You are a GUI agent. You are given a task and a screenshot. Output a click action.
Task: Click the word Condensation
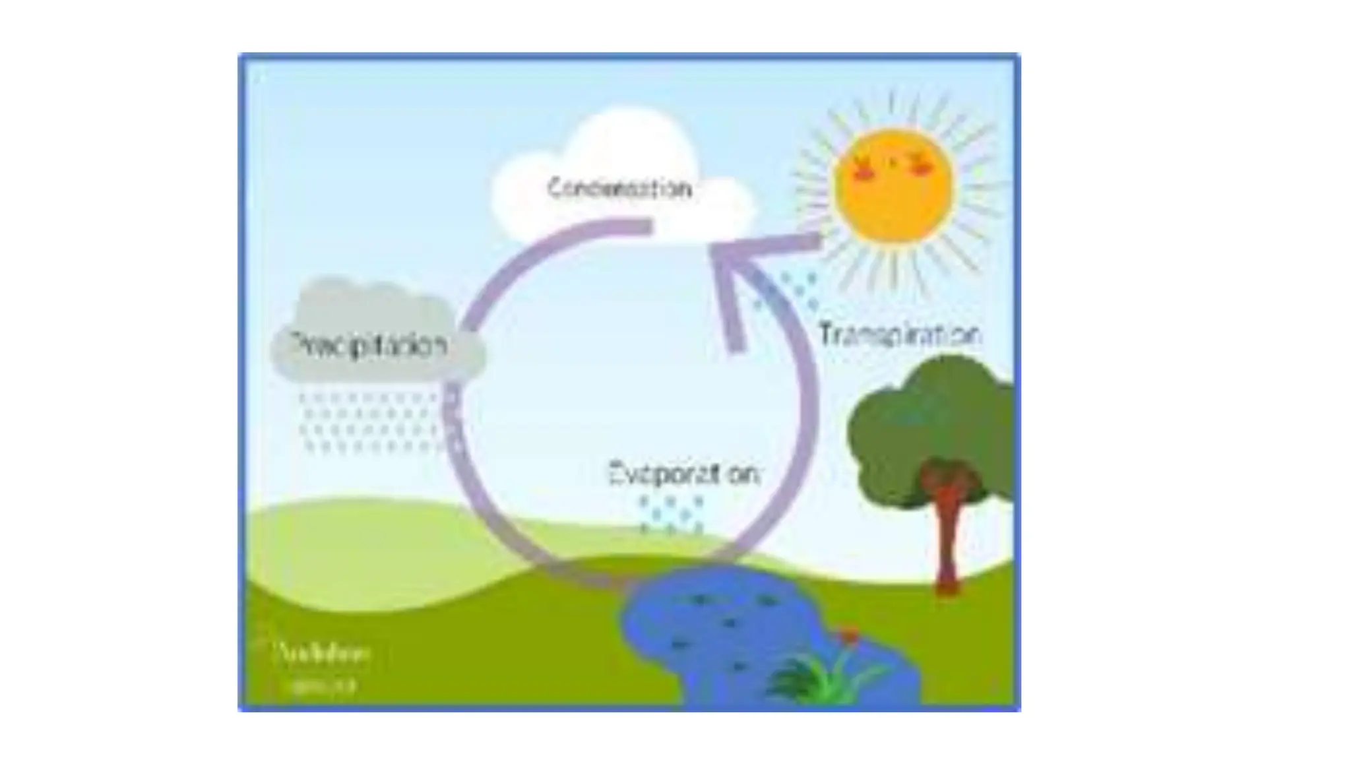[x=619, y=189]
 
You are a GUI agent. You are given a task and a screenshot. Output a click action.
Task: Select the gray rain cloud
[x=369, y=310]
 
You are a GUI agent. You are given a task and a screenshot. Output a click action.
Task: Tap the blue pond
[x=712, y=633]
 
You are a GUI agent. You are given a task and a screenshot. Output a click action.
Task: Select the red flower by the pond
[x=849, y=636]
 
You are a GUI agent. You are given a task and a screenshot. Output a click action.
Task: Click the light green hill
[x=369, y=548]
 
